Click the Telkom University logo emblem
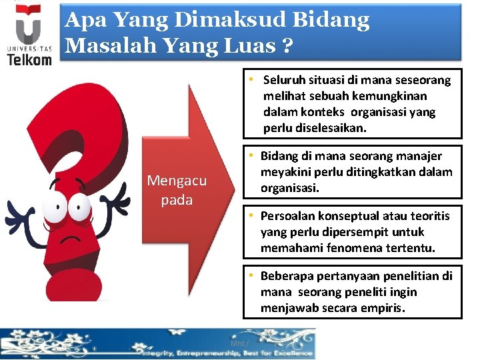pos(29,26)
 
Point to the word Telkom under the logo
pos(29,59)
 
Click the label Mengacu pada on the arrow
pos(177,191)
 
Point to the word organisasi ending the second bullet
pos(290,188)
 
